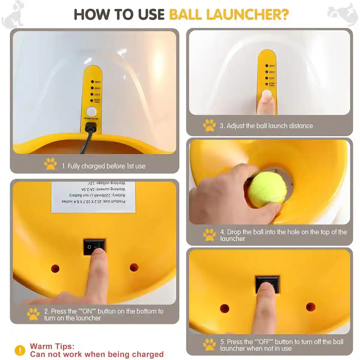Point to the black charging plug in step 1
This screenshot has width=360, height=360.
(90, 129)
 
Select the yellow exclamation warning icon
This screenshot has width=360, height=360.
(20, 350)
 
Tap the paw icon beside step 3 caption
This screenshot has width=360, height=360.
(209, 125)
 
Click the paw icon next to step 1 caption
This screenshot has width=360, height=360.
(50, 164)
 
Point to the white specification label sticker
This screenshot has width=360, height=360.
(93, 196)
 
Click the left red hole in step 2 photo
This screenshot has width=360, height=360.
(55, 268)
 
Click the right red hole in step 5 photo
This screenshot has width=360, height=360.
(310, 307)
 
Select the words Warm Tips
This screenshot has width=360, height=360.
(52, 346)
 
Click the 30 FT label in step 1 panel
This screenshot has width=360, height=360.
(97, 82)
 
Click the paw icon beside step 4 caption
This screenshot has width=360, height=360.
(209, 235)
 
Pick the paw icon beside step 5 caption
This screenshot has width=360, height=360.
(209, 345)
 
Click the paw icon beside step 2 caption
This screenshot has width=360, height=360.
(33, 314)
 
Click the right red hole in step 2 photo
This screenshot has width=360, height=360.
(133, 267)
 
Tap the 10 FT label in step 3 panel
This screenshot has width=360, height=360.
(271, 78)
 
